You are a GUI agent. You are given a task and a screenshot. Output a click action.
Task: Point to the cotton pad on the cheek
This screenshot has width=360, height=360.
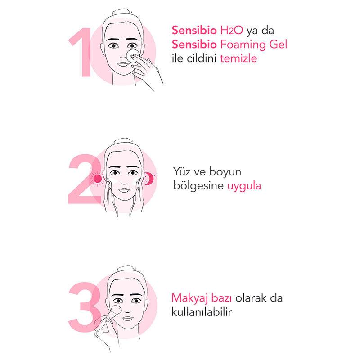tap(132, 55)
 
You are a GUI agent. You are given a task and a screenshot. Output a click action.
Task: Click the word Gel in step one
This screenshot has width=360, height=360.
tap(277, 45)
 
